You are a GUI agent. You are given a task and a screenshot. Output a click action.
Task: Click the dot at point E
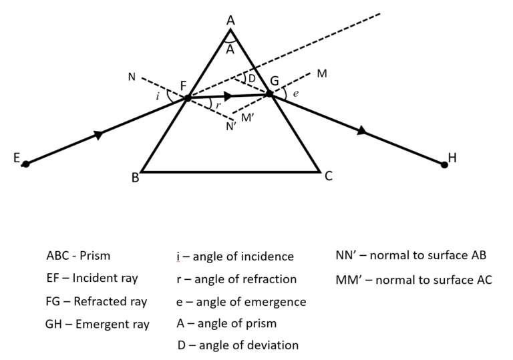[25, 164]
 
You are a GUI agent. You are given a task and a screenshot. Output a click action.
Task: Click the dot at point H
[444, 164]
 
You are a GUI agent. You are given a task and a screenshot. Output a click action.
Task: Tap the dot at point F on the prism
[188, 98]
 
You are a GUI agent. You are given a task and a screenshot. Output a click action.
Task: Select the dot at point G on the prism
[270, 94]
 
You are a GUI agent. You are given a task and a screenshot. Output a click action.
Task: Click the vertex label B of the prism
[135, 178]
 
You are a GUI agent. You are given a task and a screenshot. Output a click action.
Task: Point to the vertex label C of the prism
[328, 177]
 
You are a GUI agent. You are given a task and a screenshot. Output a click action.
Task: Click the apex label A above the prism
[230, 21]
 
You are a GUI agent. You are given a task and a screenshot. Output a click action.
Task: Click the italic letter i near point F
[157, 96]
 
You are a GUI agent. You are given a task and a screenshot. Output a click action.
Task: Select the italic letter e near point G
[296, 94]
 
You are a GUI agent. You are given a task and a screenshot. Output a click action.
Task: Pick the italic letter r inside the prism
[217, 105]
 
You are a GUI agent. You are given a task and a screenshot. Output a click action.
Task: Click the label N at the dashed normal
[131, 77]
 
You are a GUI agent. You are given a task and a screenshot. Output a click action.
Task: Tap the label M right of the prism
[322, 73]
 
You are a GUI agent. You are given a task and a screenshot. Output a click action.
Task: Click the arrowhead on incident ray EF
[99, 135]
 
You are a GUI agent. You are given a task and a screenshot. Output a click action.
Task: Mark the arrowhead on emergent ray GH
[362, 131]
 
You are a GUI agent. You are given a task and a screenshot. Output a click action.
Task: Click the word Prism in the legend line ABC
[95, 256]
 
